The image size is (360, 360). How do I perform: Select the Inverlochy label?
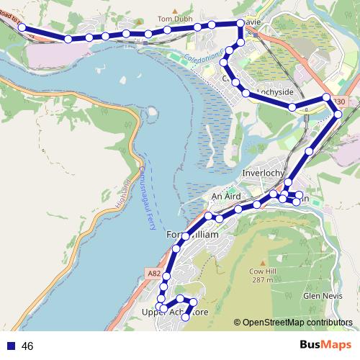point(264,173)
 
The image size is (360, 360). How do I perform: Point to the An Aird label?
point(225,196)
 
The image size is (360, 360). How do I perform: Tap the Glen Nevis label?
point(321,296)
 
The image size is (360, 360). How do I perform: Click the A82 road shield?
point(153,274)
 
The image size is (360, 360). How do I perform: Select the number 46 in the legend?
point(27,346)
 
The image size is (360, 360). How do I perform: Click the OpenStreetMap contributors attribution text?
point(297,323)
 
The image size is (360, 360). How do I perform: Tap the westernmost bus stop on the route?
point(22,27)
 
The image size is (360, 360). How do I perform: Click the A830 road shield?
point(339,103)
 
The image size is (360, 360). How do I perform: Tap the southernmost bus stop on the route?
point(186,317)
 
